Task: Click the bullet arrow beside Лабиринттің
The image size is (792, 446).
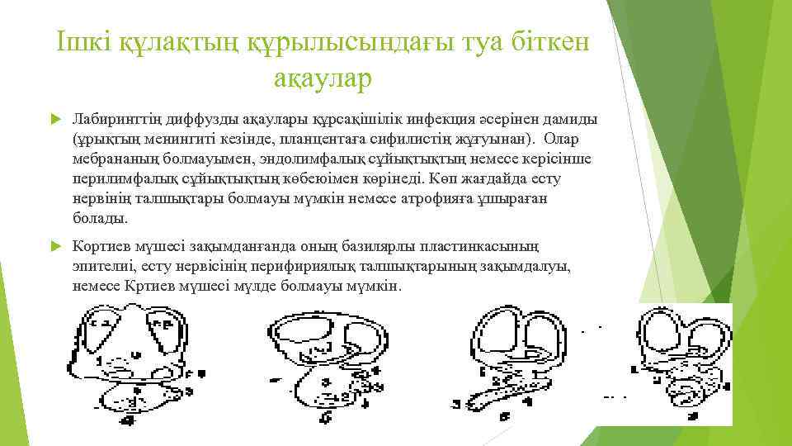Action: coord(55,119)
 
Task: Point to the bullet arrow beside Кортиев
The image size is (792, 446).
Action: coord(55,245)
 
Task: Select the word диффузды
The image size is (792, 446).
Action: coord(193,118)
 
